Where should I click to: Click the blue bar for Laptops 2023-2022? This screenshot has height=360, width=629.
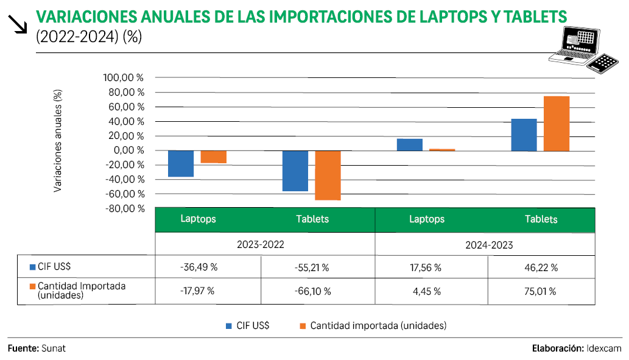[x=181, y=163]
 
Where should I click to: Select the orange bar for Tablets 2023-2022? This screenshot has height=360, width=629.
[x=328, y=175]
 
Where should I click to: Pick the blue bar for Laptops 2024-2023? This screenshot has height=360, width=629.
[x=409, y=144]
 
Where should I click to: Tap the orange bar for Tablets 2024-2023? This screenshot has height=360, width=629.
[x=557, y=123]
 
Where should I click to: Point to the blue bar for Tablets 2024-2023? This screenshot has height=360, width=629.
[x=524, y=135]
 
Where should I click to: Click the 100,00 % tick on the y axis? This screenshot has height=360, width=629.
[x=124, y=78]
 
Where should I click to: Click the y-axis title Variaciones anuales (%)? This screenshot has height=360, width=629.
[x=58, y=141]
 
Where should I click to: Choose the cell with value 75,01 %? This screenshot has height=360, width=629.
[x=541, y=291]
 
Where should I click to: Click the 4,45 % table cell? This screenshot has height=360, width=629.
[x=426, y=291]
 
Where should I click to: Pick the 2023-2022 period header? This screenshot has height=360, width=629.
[x=261, y=245]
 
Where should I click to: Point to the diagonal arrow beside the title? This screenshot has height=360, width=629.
[x=19, y=24]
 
